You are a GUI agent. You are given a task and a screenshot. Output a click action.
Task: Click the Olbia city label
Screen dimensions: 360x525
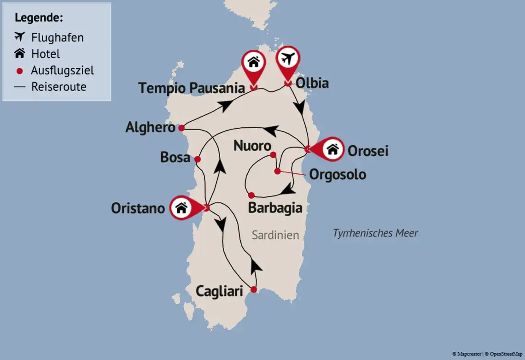click(312, 83)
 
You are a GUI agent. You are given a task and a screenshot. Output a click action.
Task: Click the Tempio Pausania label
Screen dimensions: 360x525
click(191, 88)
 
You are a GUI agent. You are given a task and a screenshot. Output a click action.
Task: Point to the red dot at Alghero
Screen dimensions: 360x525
click(181, 128)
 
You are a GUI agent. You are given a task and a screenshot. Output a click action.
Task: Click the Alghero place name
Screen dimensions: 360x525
click(150, 128)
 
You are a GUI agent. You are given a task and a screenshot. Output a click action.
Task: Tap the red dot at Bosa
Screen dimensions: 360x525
click(198, 159)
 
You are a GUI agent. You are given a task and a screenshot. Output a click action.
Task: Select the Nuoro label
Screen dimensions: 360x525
click(252, 146)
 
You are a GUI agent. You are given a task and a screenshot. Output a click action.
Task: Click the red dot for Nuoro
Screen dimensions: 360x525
click(273, 155)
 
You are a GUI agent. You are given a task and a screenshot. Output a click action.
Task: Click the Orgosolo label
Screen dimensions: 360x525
click(338, 175)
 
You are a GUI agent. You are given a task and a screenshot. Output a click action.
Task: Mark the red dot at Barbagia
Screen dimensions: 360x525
click(251, 195)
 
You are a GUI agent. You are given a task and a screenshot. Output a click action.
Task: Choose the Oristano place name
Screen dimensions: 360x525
click(138, 208)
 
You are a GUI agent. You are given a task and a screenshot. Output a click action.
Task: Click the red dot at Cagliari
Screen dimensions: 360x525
click(253, 289)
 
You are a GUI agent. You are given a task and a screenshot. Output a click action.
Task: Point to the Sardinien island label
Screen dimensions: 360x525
click(275, 235)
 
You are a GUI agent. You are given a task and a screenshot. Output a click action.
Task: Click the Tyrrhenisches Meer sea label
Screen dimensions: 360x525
click(375, 233)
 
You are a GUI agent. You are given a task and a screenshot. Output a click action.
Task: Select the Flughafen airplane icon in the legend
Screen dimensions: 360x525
click(19, 37)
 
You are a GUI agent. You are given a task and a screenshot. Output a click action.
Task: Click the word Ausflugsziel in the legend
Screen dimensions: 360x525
click(62, 71)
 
